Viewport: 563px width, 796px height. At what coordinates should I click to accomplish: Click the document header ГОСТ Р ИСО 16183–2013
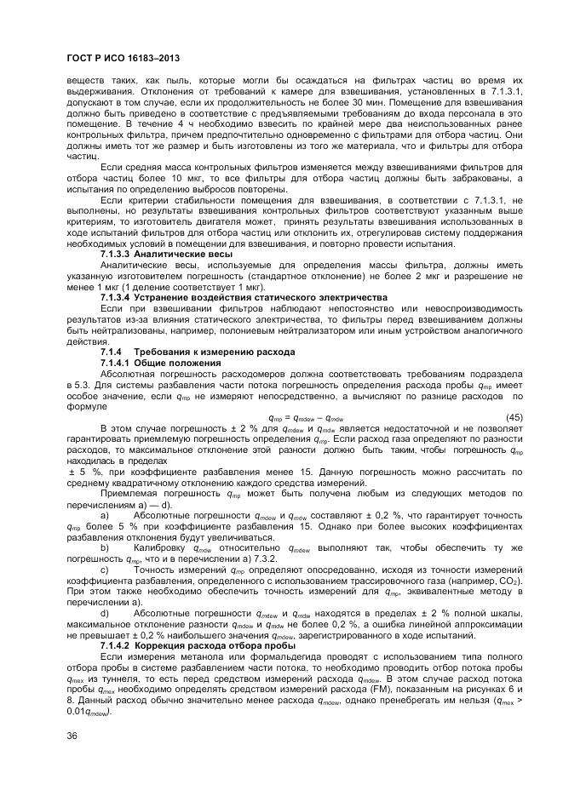[122, 58]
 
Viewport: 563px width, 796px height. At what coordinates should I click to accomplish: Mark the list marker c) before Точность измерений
[105, 570]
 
